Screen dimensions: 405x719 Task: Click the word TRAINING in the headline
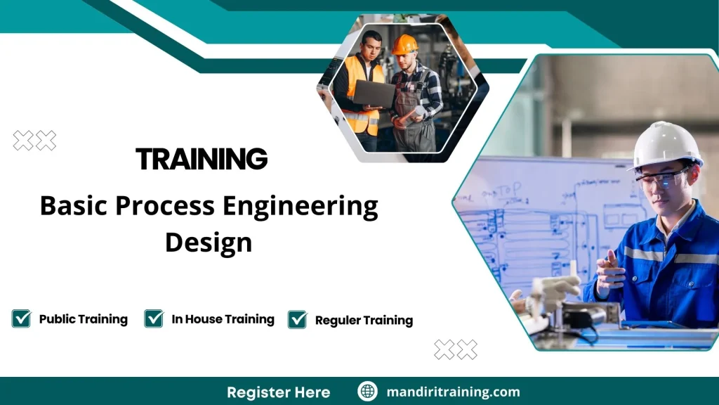pos(202,159)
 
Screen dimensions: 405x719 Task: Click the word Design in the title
pos(208,243)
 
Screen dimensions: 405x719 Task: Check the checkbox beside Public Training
pos(22,319)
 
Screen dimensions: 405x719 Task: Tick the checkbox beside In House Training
pos(154,319)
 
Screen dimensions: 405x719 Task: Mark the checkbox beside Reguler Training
pos(298,319)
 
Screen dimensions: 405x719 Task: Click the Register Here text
pos(278,392)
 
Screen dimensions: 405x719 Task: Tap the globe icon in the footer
pos(367,392)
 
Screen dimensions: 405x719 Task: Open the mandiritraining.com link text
pos(453,392)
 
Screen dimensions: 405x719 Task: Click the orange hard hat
pos(404,44)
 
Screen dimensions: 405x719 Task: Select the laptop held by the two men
pos(374,94)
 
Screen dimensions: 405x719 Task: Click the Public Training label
pos(83,319)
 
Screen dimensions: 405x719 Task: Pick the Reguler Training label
pos(364,321)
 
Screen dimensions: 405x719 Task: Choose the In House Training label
pos(223,319)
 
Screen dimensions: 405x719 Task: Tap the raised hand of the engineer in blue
pos(607,270)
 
